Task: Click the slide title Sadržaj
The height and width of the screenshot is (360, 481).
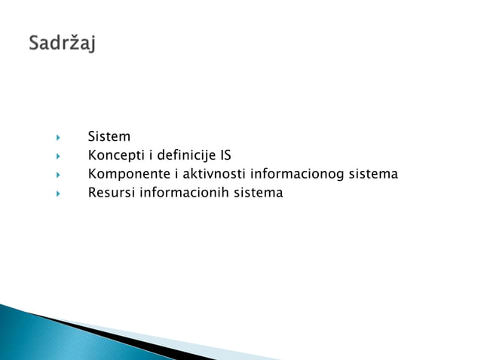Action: pyautogui.click(x=63, y=43)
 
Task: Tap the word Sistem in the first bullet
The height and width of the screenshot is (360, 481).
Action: pyautogui.click(x=109, y=137)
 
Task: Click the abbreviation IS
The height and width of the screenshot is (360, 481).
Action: pyautogui.click(x=225, y=156)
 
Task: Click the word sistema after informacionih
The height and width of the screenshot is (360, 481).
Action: pyautogui.click(x=258, y=193)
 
